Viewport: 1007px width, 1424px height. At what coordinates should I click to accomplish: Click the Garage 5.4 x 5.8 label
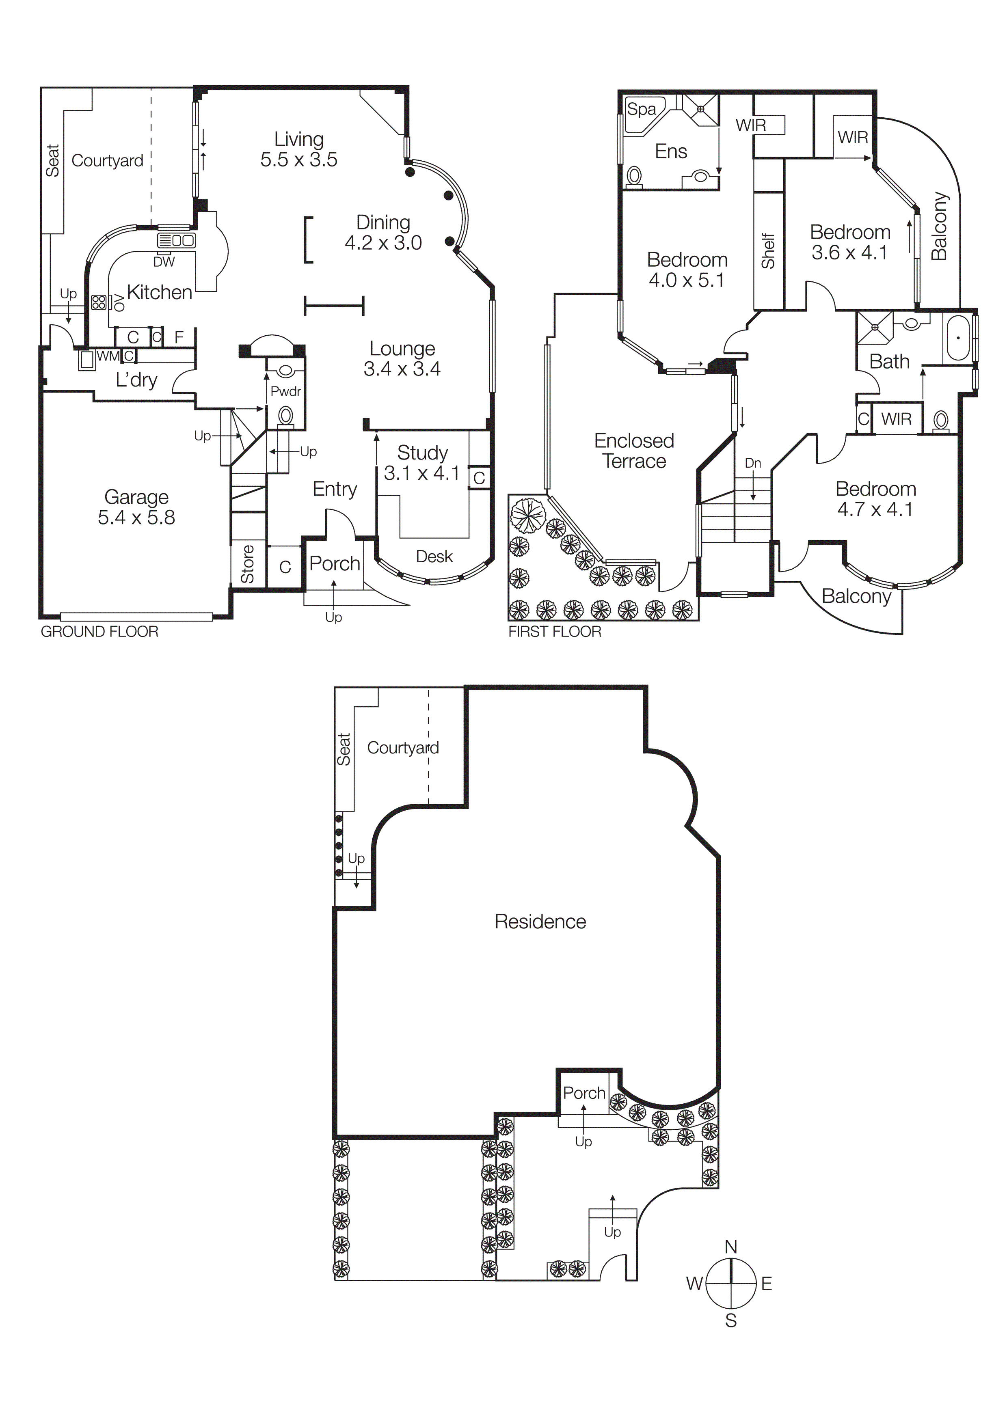(136, 507)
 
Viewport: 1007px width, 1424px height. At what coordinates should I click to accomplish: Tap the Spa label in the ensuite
(641, 110)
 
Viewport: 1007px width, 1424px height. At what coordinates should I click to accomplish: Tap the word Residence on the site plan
(540, 921)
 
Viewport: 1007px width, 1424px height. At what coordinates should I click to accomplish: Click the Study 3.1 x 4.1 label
(422, 463)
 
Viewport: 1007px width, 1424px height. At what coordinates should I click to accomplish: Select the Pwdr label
(285, 391)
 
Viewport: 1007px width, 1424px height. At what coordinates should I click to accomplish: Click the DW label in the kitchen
(164, 262)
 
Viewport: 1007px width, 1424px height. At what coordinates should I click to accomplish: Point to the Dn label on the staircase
(753, 463)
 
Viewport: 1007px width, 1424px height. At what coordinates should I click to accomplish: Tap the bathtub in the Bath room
(959, 338)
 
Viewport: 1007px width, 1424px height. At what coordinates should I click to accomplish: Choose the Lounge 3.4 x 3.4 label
(402, 358)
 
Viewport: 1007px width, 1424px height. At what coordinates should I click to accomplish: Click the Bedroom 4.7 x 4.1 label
(875, 498)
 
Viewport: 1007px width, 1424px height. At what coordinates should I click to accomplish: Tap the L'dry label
(136, 380)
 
